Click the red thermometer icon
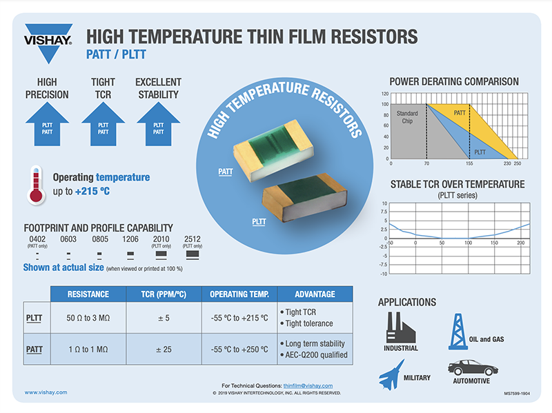pyautogui.click(x=37, y=185)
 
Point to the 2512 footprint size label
pyautogui.click(x=193, y=239)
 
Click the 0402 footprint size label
pyautogui.click(x=37, y=239)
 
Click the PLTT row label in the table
pyautogui.click(x=34, y=319)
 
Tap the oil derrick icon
pyautogui.click(x=459, y=329)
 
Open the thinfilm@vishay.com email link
pyautogui.click(x=308, y=385)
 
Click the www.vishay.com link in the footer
pyautogui.click(x=46, y=392)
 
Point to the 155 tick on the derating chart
pyautogui.click(x=469, y=163)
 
